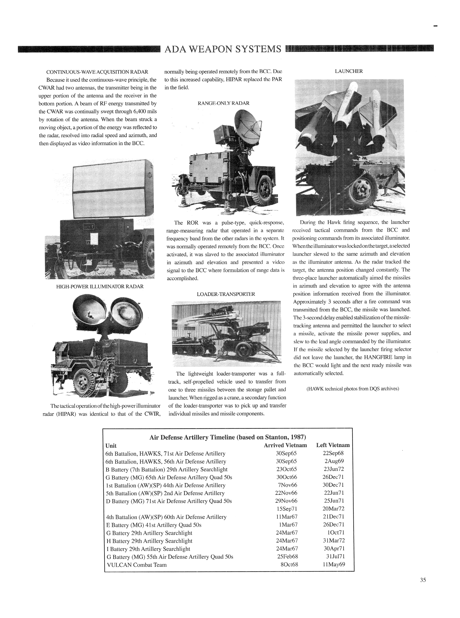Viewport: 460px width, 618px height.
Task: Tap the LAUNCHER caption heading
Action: tap(349, 71)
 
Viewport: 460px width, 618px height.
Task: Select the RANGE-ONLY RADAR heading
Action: tap(223, 103)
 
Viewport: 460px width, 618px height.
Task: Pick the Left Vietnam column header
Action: tap(333, 445)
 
